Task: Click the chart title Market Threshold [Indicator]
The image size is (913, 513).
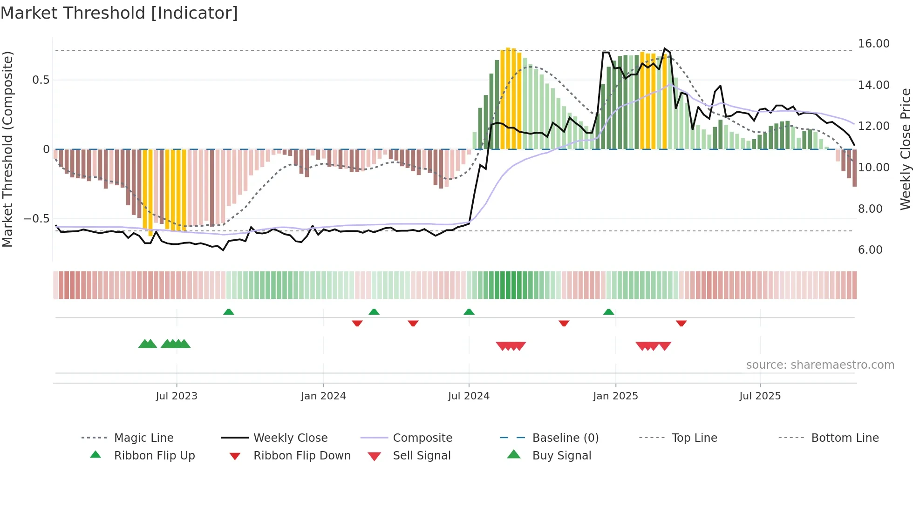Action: (x=119, y=13)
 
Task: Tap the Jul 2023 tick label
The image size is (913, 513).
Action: (x=177, y=396)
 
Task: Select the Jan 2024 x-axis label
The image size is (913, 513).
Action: (x=323, y=396)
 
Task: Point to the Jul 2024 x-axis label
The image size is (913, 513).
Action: (x=469, y=396)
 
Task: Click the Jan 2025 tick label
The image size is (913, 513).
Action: (x=615, y=396)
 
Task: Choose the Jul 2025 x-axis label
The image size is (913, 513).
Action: (x=760, y=396)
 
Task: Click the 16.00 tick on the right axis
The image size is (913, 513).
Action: (x=873, y=44)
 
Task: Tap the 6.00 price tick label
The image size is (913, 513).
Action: (x=870, y=250)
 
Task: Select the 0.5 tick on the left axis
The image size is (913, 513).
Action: (x=41, y=80)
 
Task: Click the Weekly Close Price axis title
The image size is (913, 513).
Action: (x=905, y=149)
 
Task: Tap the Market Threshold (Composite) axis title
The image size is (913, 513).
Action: (x=7, y=149)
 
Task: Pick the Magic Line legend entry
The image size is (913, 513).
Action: (x=143, y=438)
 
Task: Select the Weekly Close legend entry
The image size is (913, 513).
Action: (x=290, y=438)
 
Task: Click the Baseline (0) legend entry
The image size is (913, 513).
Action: (x=565, y=438)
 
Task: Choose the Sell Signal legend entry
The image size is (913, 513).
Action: (x=422, y=456)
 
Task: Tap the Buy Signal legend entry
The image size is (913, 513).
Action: (x=561, y=456)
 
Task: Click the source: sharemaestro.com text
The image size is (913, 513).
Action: (x=820, y=365)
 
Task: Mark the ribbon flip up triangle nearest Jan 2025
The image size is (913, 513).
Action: (x=608, y=312)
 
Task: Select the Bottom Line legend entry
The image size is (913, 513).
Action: (x=845, y=438)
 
